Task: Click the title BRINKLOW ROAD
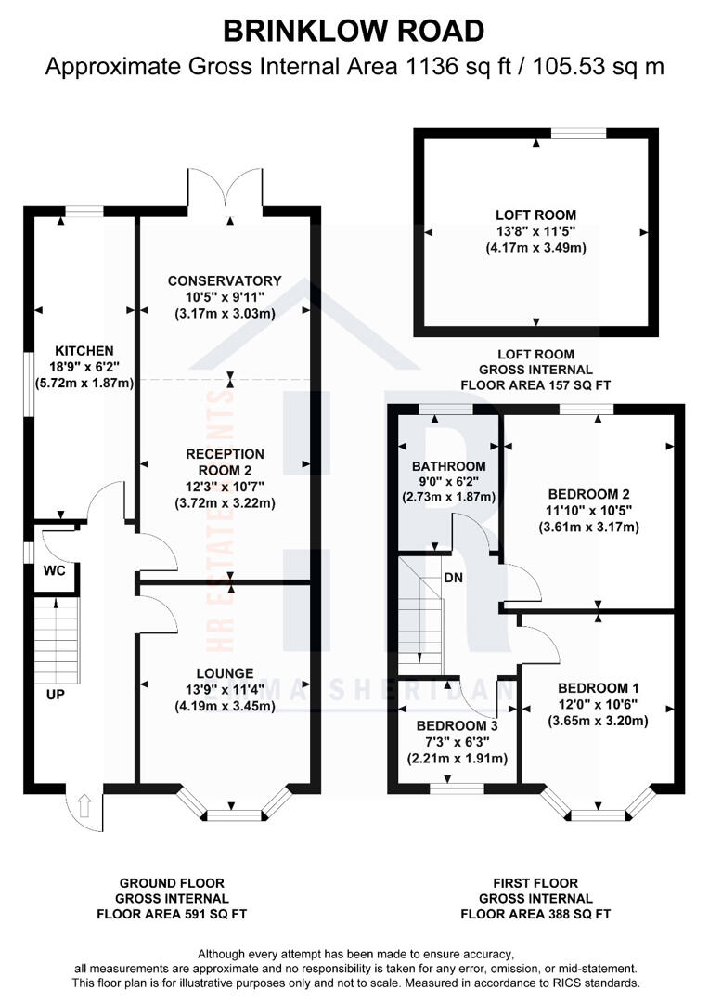tap(354, 31)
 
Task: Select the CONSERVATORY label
tap(224, 280)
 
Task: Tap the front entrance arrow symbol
tap(84, 805)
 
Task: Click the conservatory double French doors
tap(226, 190)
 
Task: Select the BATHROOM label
tap(448, 465)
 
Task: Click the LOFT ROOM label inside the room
tap(535, 215)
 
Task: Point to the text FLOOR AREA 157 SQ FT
tap(535, 384)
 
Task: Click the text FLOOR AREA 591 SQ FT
tap(172, 914)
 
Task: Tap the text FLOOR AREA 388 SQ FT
tap(535, 914)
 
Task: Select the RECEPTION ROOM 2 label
tap(224, 462)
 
